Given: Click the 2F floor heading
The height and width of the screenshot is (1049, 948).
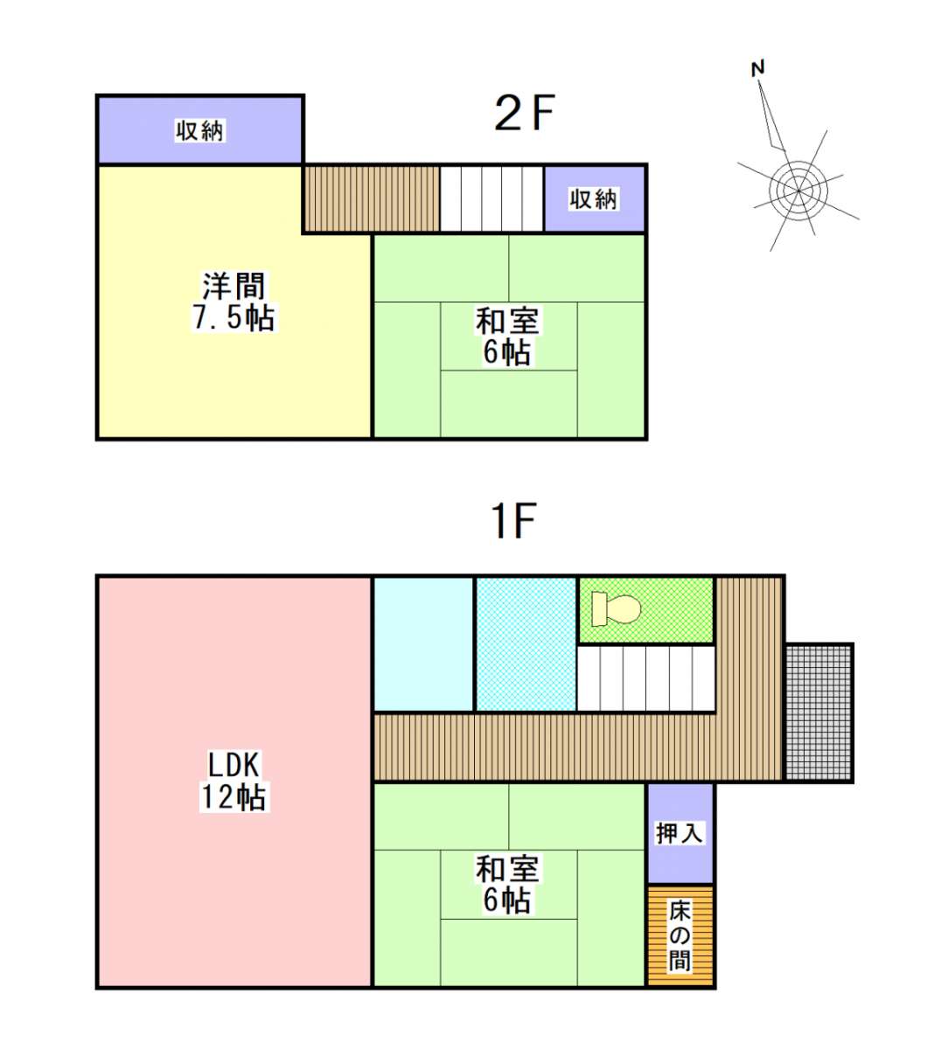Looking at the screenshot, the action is (x=524, y=113).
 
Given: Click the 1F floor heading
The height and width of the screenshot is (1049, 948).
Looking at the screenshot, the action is (x=513, y=520).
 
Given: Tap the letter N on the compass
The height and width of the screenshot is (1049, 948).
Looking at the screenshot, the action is (x=757, y=68).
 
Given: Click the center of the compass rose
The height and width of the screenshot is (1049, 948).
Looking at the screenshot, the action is (x=798, y=191).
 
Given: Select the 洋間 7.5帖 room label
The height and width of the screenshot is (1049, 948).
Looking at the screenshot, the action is (x=234, y=302).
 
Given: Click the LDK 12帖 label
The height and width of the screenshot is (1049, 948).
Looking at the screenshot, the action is (x=234, y=782).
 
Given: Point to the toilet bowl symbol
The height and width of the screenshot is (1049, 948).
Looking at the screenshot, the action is (x=616, y=608).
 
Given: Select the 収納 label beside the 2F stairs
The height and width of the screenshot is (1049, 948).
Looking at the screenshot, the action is (x=593, y=199).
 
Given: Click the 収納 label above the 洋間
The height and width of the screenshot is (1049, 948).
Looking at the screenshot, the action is (x=199, y=130).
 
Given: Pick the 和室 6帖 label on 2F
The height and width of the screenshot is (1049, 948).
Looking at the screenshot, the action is (x=507, y=337).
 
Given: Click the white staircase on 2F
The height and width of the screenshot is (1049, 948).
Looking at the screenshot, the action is (x=491, y=198).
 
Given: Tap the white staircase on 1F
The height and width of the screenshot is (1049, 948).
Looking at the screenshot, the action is (x=646, y=679).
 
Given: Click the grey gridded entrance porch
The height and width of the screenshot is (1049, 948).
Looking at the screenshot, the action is (x=819, y=712).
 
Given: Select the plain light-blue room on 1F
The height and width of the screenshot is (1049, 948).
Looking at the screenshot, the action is (x=423, y=644).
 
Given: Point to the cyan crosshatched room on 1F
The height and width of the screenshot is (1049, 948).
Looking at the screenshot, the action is (x=526, y=644).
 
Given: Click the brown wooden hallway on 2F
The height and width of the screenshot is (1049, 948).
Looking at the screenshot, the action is (x=372, y=198).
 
